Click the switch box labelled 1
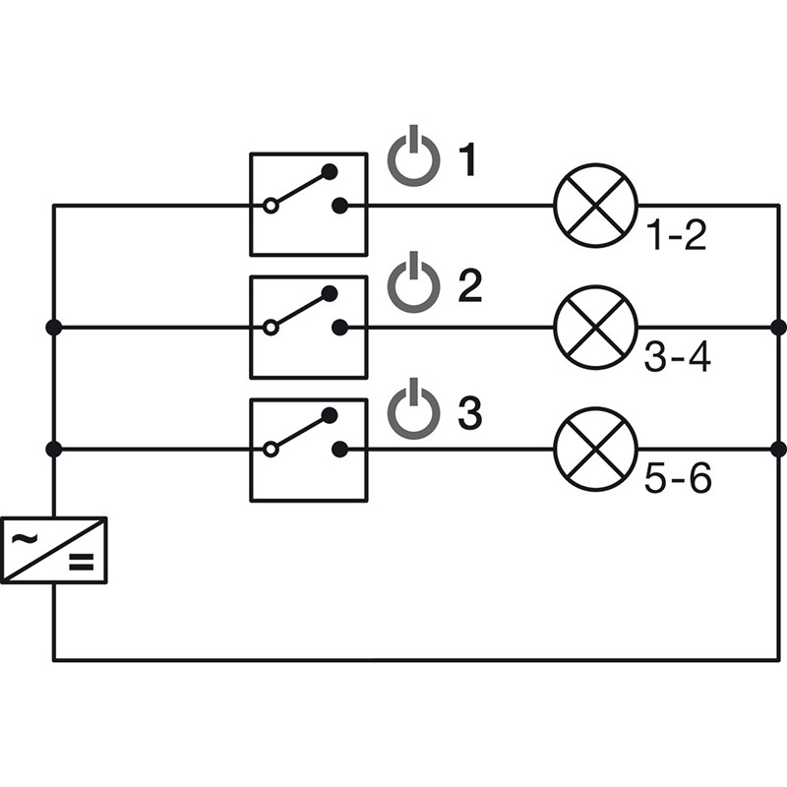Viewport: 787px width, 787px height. tap(308, 205)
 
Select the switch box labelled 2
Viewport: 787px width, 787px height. tap(308, 327)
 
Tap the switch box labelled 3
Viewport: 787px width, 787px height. tap(308, 450)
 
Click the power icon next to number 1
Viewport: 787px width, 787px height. tap(412, 158)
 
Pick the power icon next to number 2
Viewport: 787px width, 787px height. tap(412, 284)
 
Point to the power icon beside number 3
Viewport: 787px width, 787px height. tap(412, 412)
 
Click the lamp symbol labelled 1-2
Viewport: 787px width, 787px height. tap(596, 205)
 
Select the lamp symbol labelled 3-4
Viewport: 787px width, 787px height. tap(596, 327)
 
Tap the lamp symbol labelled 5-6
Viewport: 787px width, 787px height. tap(596, 449)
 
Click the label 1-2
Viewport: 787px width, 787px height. tap(676, 236)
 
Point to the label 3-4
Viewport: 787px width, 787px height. tap(677, 358)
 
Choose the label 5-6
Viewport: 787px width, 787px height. tap(677, 481)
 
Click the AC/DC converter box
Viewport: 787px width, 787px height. tap(54, 549)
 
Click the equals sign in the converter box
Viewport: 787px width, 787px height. tap(80, 563)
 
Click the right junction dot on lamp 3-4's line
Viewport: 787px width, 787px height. tap(779, 327)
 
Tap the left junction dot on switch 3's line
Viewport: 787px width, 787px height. tap(54, 450)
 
